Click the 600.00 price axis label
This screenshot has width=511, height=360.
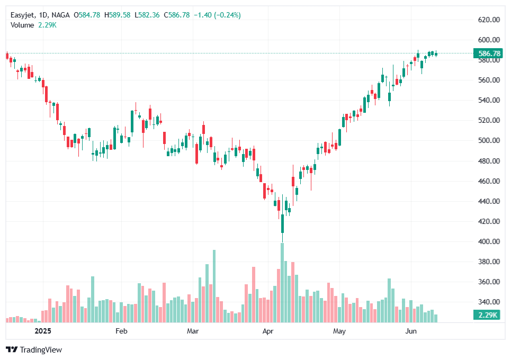489,40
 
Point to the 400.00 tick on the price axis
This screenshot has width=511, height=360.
489,241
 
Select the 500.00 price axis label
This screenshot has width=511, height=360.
489,140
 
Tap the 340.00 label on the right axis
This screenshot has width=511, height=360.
489,302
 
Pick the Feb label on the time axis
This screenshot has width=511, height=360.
121,331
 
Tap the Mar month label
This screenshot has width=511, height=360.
193,331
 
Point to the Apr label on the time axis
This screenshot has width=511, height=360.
268,331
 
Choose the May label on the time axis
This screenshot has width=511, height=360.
339,331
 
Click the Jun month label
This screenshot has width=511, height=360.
410,331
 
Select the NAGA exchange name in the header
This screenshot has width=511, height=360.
60,15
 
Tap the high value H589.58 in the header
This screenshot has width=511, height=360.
117,15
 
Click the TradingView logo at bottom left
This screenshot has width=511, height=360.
34,350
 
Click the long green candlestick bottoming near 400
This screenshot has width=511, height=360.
282,223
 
